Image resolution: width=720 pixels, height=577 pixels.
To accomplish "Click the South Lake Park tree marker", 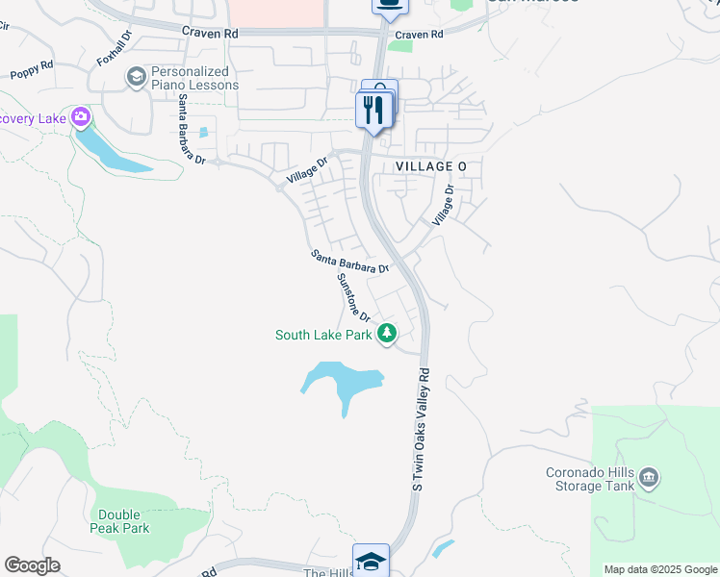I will coord(387,334).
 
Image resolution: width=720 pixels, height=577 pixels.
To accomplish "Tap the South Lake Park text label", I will coord(323,336).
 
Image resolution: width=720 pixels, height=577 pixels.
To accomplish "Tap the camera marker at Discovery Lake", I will coord(80,117).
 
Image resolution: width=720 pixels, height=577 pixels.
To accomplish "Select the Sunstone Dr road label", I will coord(354,296).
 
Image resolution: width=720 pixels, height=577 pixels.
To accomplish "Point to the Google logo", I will coord(32,565).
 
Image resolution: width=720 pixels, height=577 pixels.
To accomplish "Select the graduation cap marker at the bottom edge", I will coord(371,561).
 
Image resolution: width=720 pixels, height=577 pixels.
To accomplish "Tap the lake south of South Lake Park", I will coord(342,381).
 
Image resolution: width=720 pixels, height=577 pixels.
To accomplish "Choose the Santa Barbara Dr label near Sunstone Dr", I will coord(349,262).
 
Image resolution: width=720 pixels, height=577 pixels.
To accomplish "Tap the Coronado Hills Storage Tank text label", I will coord(590,479).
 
